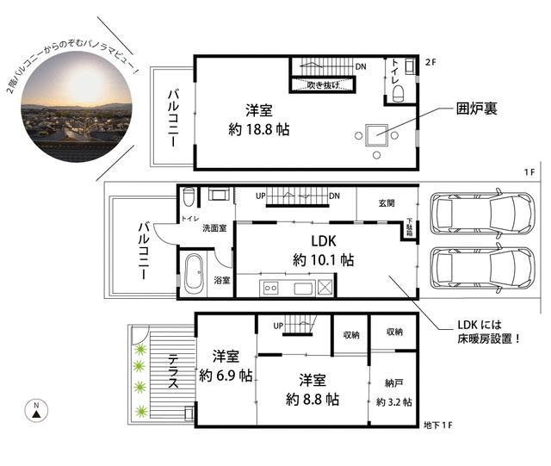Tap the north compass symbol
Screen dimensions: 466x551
point(35,411)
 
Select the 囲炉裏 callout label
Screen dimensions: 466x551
point(478,109)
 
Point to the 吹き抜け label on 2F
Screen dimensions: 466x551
point(322,84)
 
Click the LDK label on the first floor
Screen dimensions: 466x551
point(311,242)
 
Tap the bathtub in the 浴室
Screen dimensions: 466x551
point(193,275)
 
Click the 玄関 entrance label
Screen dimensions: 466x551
point(387,203)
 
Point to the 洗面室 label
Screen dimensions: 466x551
point(214,228)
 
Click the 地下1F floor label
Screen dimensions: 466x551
point(439,426)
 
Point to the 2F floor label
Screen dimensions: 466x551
point(432,63)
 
